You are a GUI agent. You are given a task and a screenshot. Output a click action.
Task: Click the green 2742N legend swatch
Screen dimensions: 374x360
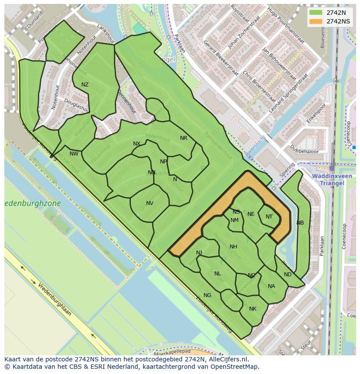316,13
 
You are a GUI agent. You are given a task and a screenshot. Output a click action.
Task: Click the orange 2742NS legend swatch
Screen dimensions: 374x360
316,21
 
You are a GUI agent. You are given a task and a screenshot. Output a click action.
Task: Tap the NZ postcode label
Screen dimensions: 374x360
85,85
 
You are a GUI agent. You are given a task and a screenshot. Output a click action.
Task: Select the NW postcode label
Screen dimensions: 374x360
74,154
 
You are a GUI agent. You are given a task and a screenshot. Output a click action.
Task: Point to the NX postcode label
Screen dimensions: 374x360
137,144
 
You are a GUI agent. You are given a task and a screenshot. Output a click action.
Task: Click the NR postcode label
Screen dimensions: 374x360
183,138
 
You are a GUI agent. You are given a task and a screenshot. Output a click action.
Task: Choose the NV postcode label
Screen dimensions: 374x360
150,203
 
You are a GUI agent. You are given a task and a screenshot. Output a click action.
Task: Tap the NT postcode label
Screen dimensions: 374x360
269,217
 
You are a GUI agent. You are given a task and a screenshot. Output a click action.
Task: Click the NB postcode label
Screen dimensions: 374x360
300,223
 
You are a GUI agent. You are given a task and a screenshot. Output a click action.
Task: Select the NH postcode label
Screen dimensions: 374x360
233,247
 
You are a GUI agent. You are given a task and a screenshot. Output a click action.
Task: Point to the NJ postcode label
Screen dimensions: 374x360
199,253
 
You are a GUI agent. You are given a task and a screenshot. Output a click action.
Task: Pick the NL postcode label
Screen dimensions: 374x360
218,274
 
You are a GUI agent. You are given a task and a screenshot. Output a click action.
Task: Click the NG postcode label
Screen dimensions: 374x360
207,295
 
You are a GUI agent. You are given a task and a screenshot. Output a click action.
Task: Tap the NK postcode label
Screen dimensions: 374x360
253,309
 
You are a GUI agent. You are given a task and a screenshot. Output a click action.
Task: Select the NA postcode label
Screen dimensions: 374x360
271,286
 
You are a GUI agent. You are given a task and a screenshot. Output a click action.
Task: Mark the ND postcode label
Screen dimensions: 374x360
287,275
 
